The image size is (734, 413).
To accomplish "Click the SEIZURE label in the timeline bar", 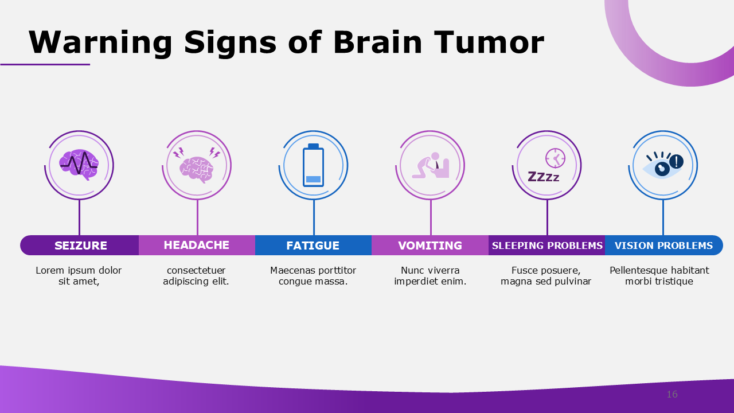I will tap(81, 246).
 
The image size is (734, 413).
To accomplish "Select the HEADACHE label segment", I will tap(196, 245).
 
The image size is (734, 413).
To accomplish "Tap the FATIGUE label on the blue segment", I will tap(313, 246).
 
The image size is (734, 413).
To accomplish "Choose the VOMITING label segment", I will tap(430, 246).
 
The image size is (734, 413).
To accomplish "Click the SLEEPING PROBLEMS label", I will tap(547, 246).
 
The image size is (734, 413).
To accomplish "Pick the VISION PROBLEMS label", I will tap(663, 246).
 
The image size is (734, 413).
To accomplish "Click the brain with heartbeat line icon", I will tap(79, 165).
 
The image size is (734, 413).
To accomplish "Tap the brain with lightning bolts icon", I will tap(197, 165).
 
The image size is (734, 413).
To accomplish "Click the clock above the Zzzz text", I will tap(555, 157).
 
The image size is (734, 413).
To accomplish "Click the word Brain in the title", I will tap(378, 42).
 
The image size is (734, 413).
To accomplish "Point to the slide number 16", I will tap(672, 395).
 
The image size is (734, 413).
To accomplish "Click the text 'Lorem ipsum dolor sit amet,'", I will tap(79, 276).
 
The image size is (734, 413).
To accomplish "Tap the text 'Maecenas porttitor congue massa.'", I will tap(313, 276).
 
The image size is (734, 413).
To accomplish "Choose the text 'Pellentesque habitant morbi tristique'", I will tap(659, 276).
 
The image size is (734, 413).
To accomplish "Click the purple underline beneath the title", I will tap(45, 64).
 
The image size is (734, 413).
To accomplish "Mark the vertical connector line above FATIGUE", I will tap(314, 218).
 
